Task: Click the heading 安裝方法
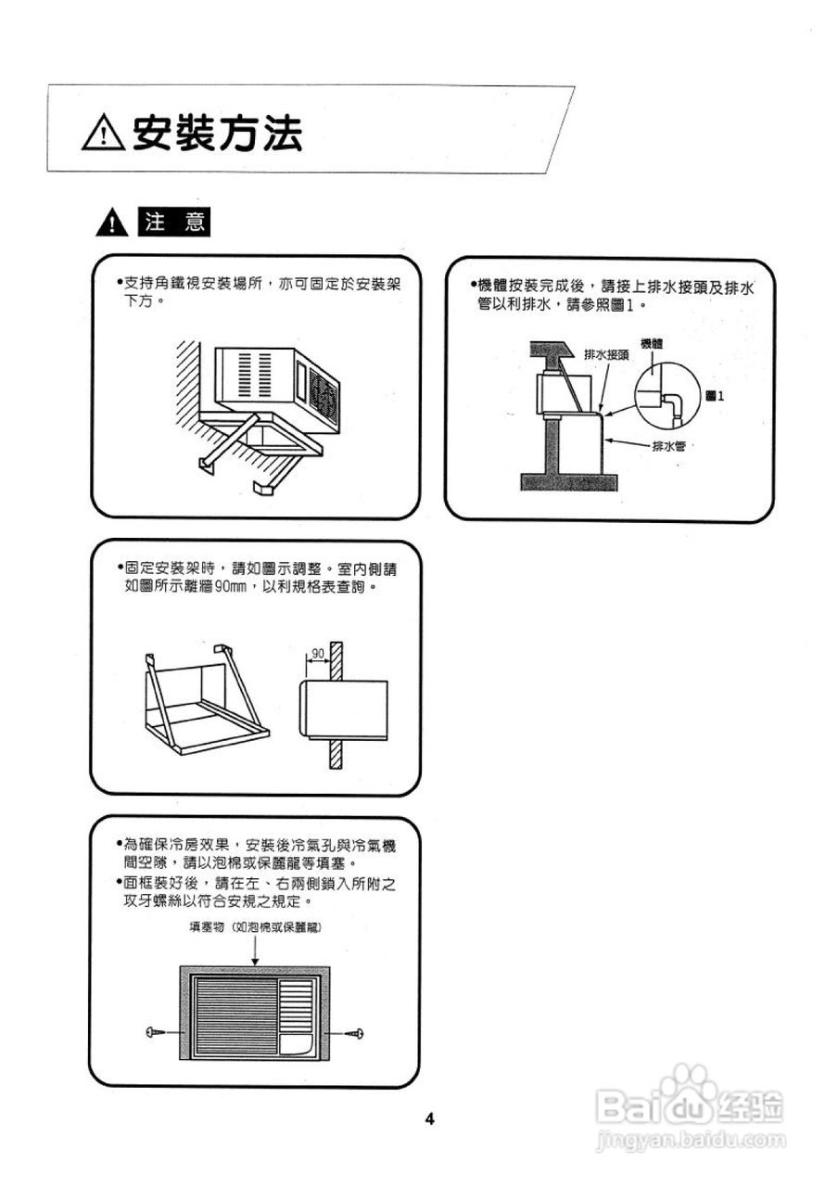click(218, 135)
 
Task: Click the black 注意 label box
click(172, 223)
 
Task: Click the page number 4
click(429, 1118)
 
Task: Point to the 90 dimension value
click(318, 653)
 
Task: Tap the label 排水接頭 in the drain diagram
click(606, 355)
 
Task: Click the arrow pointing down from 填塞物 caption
click(254, 953)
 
